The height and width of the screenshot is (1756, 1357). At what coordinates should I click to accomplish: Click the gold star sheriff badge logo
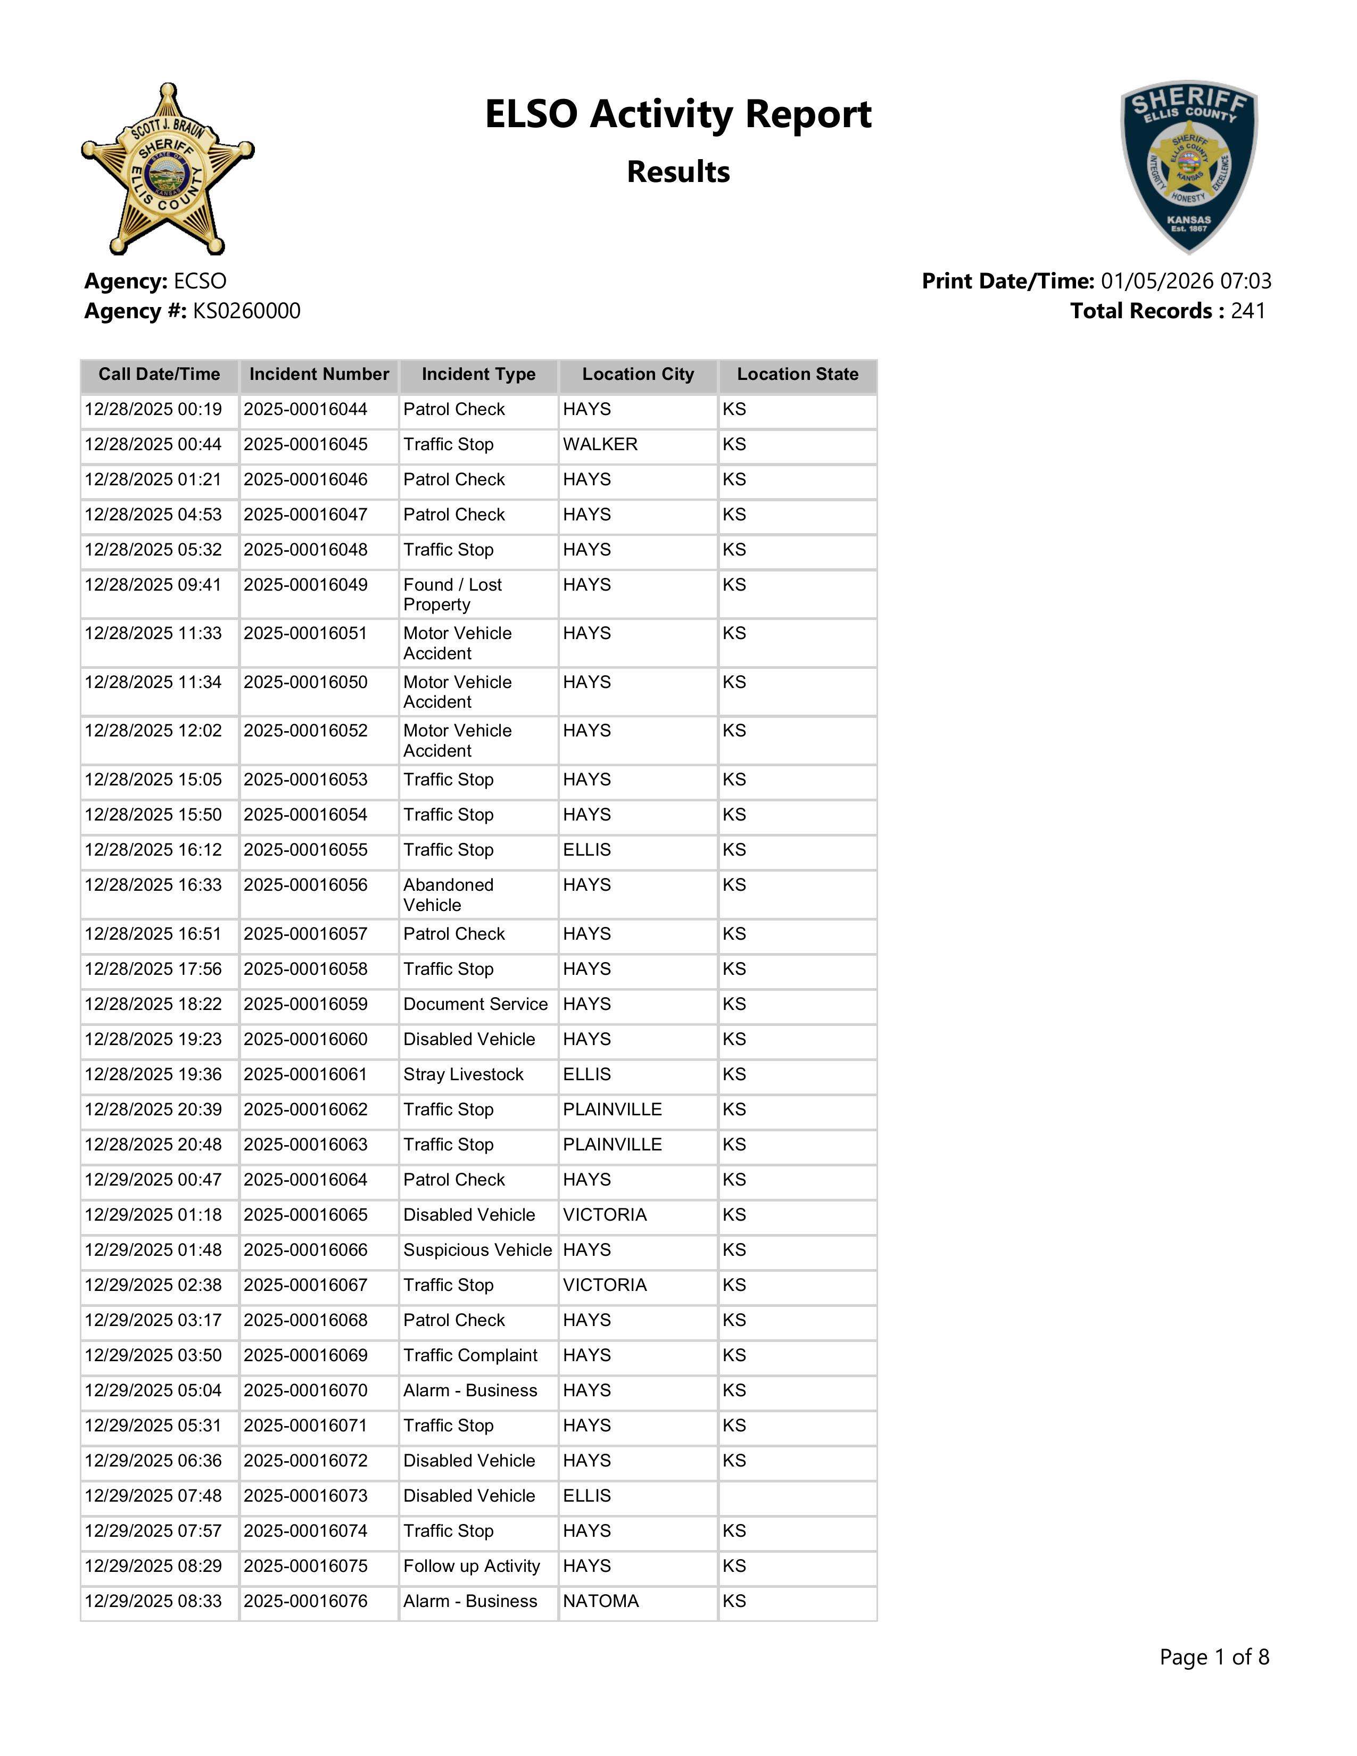(x=167, y=169)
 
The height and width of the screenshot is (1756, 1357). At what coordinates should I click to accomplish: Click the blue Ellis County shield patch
(x=1189, y=167)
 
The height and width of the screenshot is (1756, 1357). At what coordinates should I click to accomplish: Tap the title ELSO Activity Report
(x=677, y=114)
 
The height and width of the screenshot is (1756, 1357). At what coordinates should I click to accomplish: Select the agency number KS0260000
(x=246, y=311)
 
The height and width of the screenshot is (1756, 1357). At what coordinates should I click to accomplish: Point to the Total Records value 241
(x=1248, y=311)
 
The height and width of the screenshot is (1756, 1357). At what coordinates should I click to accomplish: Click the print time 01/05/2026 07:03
(x=1186, y=281)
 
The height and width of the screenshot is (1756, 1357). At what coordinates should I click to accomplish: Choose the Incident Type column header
(x=478, y=375)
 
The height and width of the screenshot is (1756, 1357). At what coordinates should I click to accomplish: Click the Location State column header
(x=798, y=375)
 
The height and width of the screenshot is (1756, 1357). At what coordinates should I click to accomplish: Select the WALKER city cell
(x=600, y=445)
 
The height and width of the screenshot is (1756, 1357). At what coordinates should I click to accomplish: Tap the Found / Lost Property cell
(x=453, y=595)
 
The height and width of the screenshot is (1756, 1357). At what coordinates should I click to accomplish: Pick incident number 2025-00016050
(x=305, y=683)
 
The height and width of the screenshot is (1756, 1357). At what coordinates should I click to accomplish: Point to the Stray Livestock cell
(x=463, y=1075)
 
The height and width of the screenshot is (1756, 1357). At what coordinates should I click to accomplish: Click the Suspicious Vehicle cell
(x=477, y=1250)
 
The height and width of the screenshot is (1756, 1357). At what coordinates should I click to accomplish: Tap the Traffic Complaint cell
(x=470, y=1356)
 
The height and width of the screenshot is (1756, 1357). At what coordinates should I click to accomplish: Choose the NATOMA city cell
(x=600, y=1602)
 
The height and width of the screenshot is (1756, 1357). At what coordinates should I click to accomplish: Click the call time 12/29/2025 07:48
(x=153, y=1496)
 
